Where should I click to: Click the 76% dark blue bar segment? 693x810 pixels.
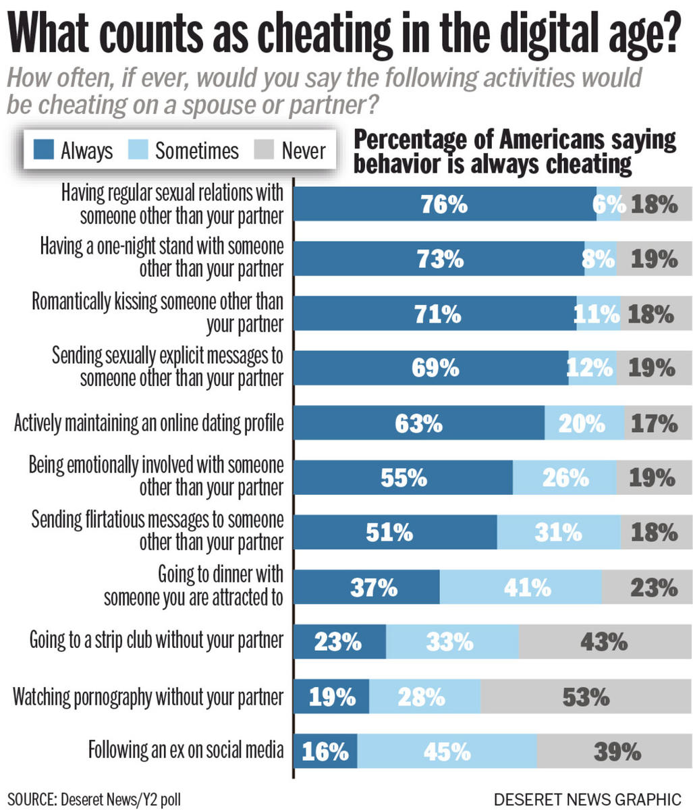(445, 204)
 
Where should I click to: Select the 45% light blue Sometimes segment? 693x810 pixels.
(447, 751)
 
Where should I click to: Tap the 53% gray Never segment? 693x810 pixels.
(586, 696)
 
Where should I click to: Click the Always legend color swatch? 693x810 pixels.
(43, 150)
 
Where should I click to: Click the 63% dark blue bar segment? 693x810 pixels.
(420, 423)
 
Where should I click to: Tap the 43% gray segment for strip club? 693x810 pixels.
(605, 641)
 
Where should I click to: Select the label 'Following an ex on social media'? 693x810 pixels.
(186, 750)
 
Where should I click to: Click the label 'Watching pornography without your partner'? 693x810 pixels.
(148, 696)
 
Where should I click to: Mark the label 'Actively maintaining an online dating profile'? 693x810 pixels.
(149, 423)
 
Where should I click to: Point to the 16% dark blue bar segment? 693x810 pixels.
(326, 751)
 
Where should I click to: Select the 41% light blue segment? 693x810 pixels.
(520, 587)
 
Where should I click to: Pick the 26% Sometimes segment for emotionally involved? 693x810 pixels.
(563, 478)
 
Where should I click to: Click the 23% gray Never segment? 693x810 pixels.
(646, 587)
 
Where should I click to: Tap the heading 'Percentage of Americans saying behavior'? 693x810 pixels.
(515, 140)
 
